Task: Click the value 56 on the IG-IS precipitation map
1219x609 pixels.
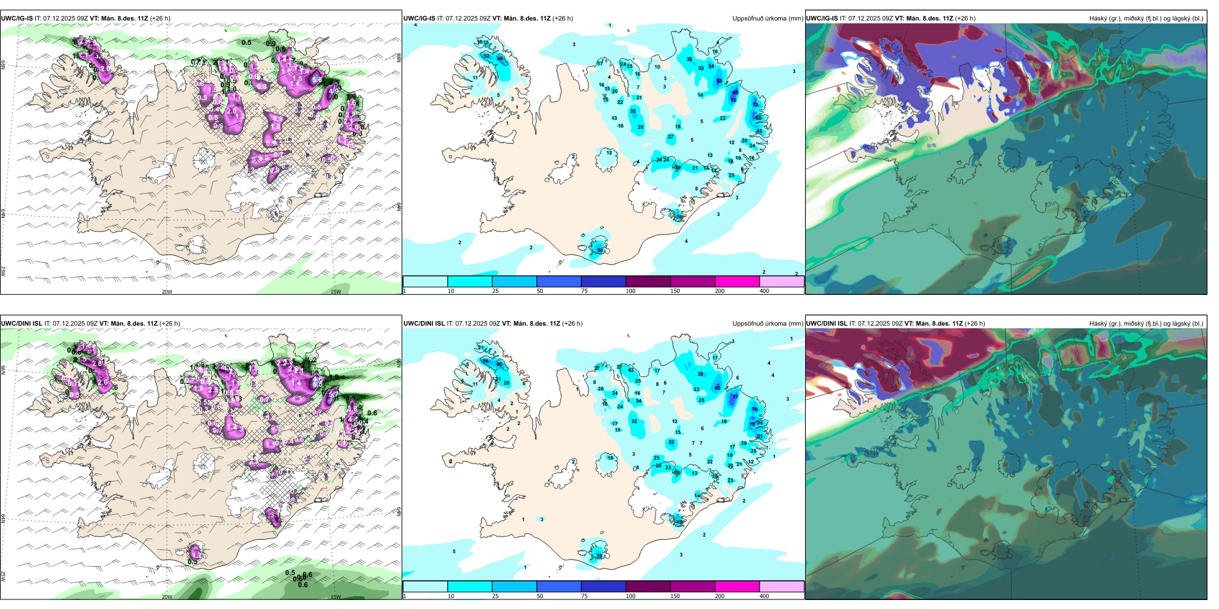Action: tap(600, 250)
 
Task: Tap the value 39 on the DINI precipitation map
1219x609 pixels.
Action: tap(600, 556)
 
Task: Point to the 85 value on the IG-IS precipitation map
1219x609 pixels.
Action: tap(735, 92)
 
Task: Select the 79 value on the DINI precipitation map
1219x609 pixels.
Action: tap(754, 409)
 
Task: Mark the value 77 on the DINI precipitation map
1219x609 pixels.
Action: tap(735, 397)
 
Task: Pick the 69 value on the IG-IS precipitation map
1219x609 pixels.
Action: tap(719, 81)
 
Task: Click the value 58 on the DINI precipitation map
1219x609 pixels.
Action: tap(486, 362)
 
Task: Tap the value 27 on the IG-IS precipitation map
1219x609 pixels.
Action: tap(670, 137)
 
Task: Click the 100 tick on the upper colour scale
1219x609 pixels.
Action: tap(630, 291)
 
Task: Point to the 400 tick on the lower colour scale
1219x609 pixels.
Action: tap(764, 596)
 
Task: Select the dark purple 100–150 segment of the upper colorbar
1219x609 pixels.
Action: tap(648, 281)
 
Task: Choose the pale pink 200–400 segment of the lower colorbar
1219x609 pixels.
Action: tap(781, 586)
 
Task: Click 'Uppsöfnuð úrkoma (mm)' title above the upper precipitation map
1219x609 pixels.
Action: tap(767, 19)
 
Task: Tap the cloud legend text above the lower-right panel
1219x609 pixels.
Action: tap(1146, 324)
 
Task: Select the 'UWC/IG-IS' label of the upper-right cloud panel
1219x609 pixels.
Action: tap(822, 19)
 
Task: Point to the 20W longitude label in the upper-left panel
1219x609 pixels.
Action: tap(167, 292)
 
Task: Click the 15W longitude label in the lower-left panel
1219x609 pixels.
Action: tap(335, 597)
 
